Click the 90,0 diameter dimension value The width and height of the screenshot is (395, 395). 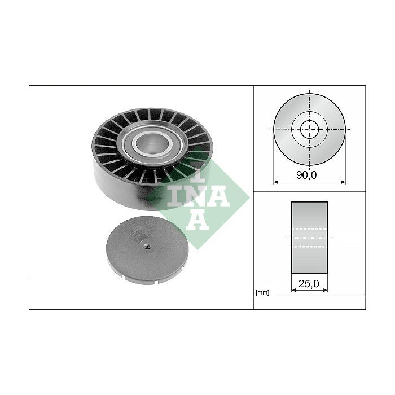pyautogui.click(x=306, y=175)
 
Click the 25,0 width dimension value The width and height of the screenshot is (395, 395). pyautogui.click(x=309, y=284)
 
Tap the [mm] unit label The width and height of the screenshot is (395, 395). pyautogui.click(x=262, y=292)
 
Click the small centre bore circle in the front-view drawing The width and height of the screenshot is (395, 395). pyautogui.click(x=310, y=129)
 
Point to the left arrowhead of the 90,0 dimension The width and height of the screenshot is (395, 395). pyautogui.click(x=276, y=182)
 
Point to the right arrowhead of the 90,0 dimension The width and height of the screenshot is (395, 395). pyautogui.click(x=343, y=182)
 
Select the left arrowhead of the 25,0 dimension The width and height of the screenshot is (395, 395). pyautogui.click(x=294, y=290)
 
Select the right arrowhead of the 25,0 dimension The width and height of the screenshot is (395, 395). pyautogui.click(x=325, y=290)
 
